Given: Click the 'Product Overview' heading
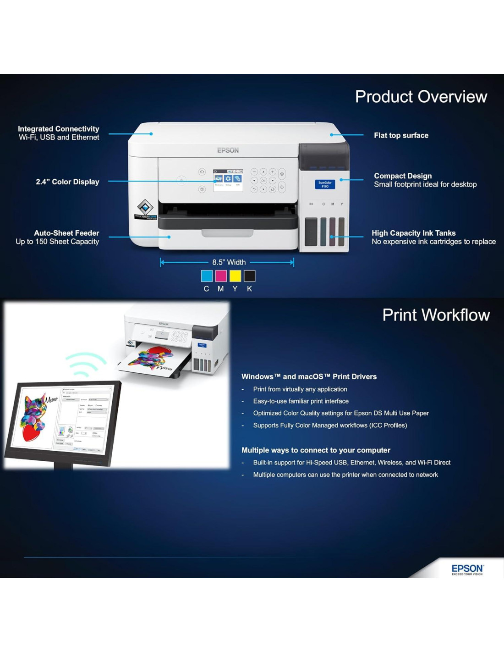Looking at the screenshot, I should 421,97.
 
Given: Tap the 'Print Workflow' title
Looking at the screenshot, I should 436,315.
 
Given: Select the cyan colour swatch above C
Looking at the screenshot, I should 207,276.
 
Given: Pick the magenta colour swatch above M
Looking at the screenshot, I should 221,276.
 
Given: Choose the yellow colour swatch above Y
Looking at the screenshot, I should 235,276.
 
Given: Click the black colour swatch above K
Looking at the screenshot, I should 249,276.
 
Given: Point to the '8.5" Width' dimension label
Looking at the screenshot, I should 229,262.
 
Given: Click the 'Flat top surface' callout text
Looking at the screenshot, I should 401,135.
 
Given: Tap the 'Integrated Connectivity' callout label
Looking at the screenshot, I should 58,129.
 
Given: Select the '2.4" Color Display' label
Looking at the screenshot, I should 67,182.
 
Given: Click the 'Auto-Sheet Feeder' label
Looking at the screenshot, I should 66,233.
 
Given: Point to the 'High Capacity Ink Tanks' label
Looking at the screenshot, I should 413,233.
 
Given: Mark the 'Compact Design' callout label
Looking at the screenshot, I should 403,176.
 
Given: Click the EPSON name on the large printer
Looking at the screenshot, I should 228,150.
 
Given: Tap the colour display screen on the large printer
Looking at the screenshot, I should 228,180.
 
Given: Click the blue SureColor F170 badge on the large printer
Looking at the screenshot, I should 325,184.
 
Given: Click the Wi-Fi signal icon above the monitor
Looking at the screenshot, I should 86,364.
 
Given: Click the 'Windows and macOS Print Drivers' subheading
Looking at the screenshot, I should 309,376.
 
